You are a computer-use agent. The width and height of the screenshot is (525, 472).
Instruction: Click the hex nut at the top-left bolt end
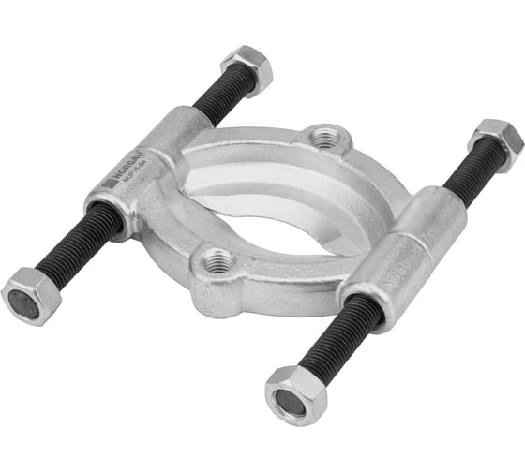[x=247, y=66]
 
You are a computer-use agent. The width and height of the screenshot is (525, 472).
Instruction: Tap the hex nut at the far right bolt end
[x=496, y=142]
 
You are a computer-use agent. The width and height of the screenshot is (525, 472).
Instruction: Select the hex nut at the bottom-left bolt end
[x=29, y=294]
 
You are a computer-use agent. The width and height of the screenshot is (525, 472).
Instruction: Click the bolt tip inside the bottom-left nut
[x=23, y=302]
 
